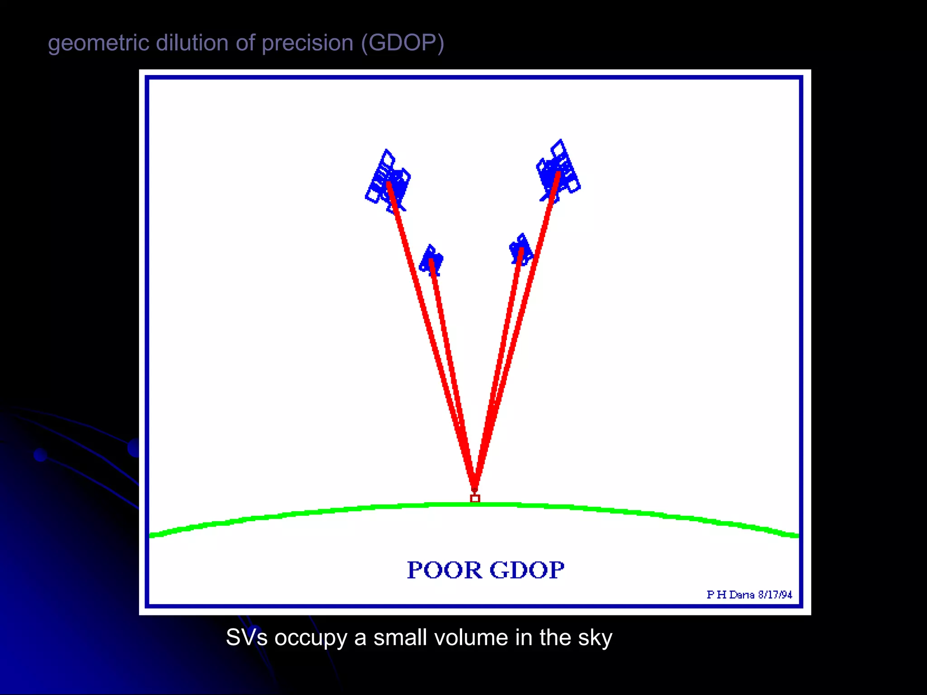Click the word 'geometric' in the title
coord(99,44)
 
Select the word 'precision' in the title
coord(307,44)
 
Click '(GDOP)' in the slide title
coord(402,44)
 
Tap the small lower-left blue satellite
coord(431,260)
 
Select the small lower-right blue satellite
coord(521,249)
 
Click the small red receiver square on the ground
coord(475,499)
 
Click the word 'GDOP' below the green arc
coord(527,570)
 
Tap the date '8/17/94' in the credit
coord(775,595)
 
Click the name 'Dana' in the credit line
coord(741,595)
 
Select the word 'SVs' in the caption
coord(247,638)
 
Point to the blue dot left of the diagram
coord(40,455)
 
